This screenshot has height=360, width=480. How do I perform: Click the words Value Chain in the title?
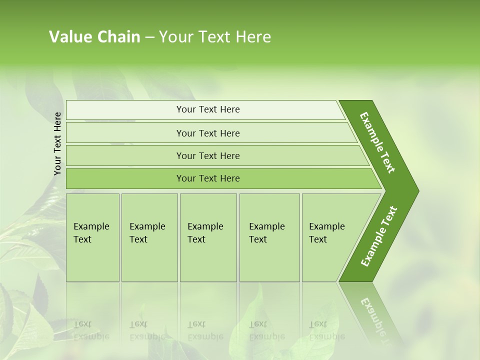94,37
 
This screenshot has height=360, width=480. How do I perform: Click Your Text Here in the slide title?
215,37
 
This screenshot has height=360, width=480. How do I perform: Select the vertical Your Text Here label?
57,143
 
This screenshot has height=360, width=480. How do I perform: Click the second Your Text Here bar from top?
207,133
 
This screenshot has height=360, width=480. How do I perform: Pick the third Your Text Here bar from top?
207,155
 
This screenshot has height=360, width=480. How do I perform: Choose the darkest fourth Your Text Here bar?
207,178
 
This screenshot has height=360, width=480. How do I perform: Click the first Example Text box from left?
92,237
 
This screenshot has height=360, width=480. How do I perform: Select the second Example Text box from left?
149,237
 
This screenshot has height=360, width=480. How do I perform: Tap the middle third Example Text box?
208,237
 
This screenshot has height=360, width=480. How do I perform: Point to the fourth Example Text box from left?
269,237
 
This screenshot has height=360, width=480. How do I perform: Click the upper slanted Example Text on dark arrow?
377,142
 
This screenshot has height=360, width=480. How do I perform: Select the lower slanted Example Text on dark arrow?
378,236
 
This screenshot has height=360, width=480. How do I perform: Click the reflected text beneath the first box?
91,330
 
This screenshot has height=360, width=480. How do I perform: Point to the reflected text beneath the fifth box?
326,330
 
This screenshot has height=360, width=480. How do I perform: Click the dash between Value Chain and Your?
149,37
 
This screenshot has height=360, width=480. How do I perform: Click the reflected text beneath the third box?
205,330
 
